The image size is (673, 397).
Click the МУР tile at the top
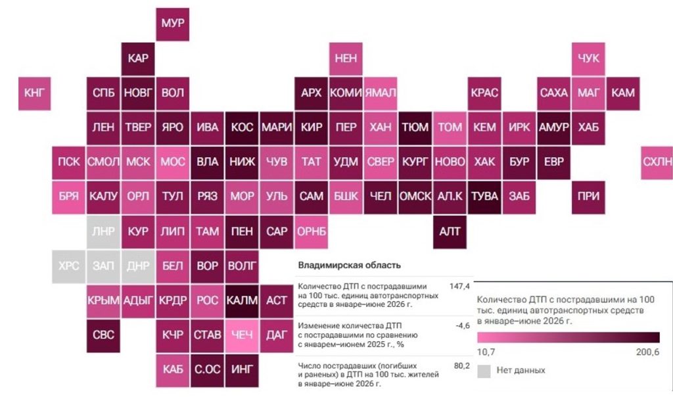click(173, 24)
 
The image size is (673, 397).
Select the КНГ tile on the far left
click(34, 93)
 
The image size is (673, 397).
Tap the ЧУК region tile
click(588, 58)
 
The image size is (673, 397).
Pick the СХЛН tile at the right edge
click(657, 162)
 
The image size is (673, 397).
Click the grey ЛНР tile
click(103, 232)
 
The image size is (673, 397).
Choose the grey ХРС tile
click(68, 266)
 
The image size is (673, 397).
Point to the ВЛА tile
click(207, 162)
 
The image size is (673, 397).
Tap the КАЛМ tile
click(242, 301)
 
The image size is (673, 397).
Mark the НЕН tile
click(346, 58)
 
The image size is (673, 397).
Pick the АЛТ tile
click(450, 232)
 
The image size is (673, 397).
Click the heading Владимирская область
click(350, 266)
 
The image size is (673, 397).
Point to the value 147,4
click(459, 287)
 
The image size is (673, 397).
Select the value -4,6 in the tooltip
click(463, 326)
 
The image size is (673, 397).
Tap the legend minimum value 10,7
click(486, 352)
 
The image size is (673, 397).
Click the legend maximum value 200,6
click(647, 352)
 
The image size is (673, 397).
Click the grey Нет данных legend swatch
click(484, 371)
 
